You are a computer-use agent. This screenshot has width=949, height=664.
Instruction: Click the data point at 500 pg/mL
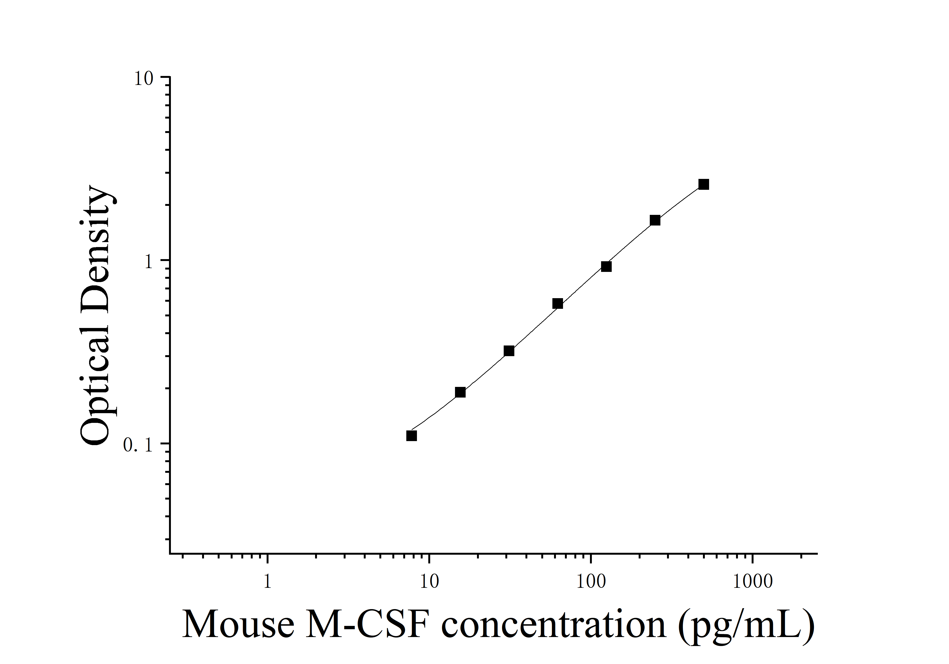click(703, 185)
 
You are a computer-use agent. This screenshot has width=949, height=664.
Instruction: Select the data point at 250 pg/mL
click(655, 220)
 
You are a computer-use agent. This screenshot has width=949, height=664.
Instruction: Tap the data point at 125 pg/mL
click(606, 266)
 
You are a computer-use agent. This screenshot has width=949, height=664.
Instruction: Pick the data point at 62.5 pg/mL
click(558, 304)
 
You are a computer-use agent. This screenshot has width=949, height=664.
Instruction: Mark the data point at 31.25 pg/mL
click(509, 351)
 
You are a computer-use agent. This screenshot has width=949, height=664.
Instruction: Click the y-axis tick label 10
click(143, 79)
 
